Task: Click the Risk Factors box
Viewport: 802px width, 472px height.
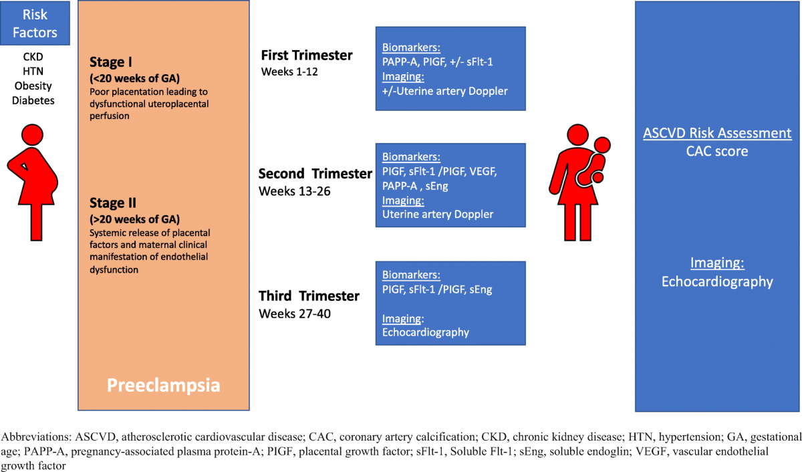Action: pyautogui.click(x=35, y=23)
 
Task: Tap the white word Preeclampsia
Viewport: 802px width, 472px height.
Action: pyautogui.click(x=164, y=386)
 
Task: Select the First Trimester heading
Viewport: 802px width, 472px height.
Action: pyautogui.click(x=307, y=55)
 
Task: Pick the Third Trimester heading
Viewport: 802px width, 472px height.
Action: pyautogui.click(x=309, y=296)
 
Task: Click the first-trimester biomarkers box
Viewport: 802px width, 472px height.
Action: pyautogui.click(x=450, y=68)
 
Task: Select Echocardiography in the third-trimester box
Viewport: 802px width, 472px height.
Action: pyautogui.click(x=425, y=332)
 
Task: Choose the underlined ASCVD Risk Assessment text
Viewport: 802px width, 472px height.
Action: pyautogui.click(x=717, y=133)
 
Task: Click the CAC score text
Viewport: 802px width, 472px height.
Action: pyautogui.click(x=717, y=152)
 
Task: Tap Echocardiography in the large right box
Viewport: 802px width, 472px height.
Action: pyautogui.click(x=717, y=281)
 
